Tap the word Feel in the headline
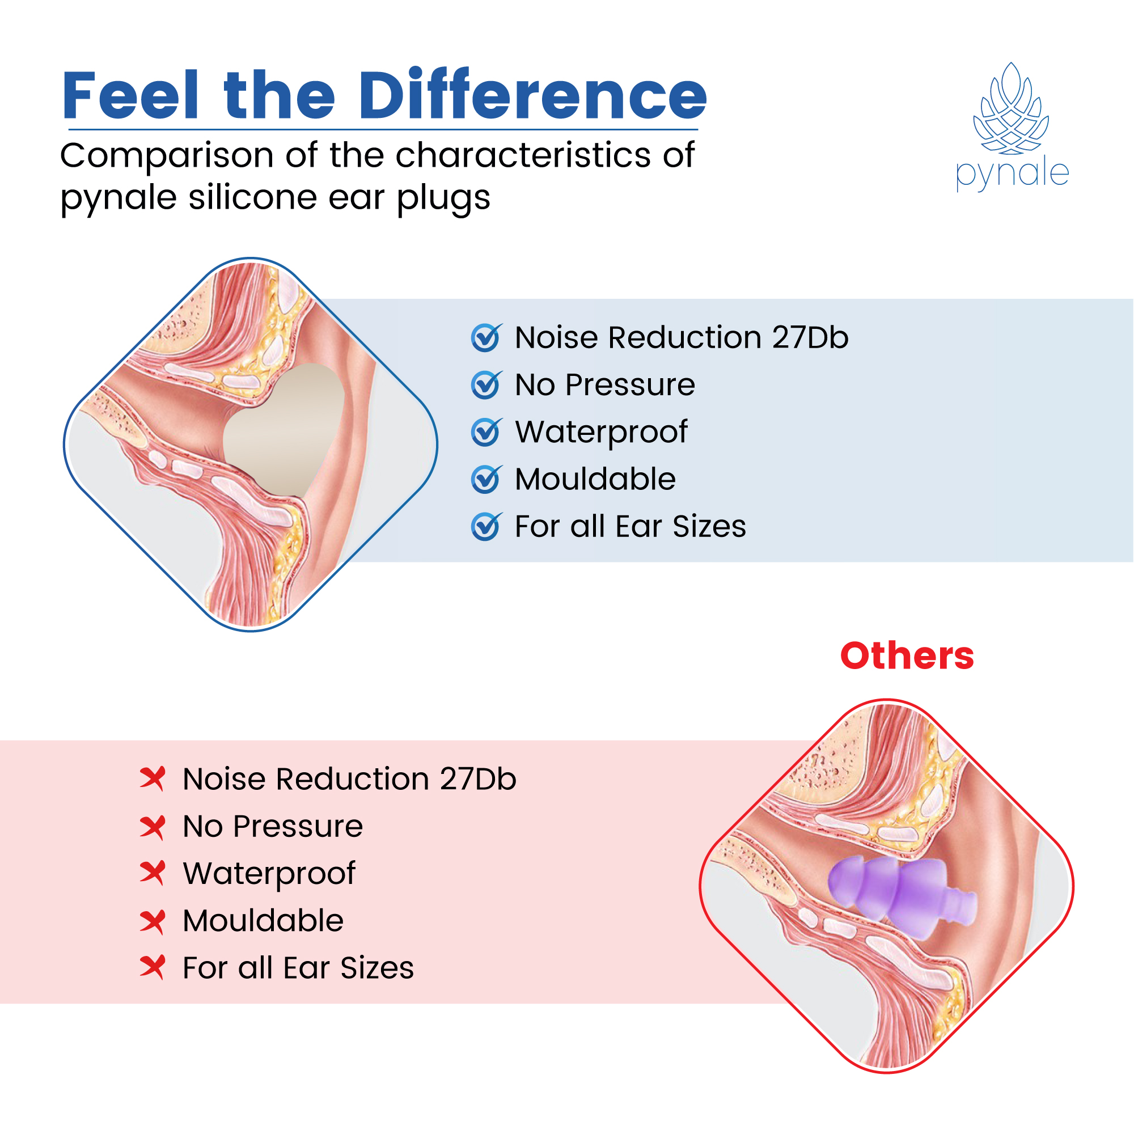(x=130, y=95)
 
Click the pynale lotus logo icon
(x=1011, y=109)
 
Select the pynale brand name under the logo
(x=1012, y=174)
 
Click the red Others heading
(x=907, y=655)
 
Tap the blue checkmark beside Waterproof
(x=486, y=433)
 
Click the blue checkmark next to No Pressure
(x=486, y=386)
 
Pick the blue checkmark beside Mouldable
(x=486, y=480)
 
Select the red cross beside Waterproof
(x=153, y=873)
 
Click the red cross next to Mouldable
(x=153, y=921)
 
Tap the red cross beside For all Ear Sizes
(x=153, y=968)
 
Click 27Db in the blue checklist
(x=810, y=338)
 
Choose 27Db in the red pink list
(x=478, y=780)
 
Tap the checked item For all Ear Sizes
(x=630, y=527)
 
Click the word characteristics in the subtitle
(x=523, y=155)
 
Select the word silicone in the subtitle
(x=253, y=198)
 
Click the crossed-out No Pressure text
(x=273, y=827)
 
